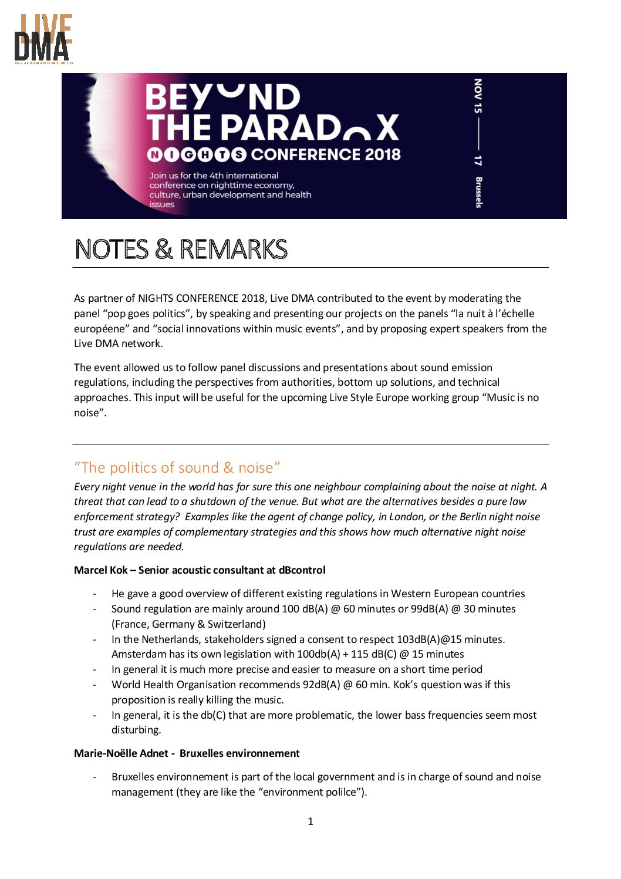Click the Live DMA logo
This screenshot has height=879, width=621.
(x=43, y=39)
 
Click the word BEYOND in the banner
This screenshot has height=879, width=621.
(x=222, y=97)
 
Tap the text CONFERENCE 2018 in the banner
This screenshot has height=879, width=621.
(x=326, y=154)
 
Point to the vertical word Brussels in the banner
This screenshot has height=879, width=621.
(x=478, y=192)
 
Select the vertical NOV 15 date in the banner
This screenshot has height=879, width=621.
(x=478, y=96)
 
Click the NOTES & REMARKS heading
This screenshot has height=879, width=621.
(x=181, y=250)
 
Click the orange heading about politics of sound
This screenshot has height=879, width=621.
(x=177, y=467)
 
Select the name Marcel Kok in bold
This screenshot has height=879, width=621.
(x=100, y=570)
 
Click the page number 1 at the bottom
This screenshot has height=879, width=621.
(x=310, y=821)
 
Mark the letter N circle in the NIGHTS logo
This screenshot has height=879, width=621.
(x=154, y=155)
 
